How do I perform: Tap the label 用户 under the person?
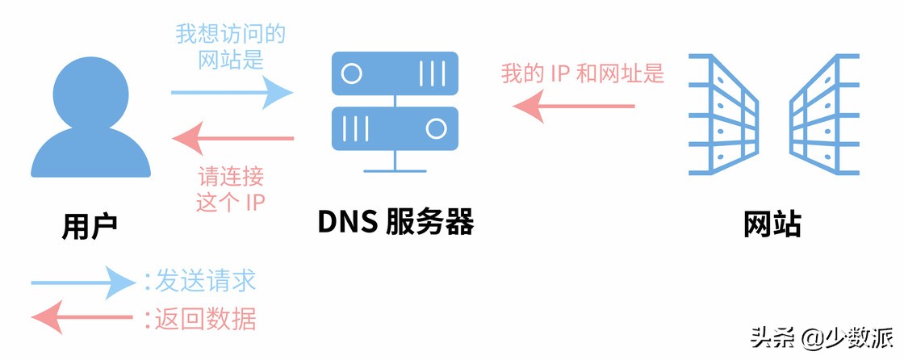pyautogui.click(x=90, y=224)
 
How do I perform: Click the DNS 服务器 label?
pyautogui.click(x=395, y=221)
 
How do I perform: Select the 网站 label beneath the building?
pyautogui.click(x=772, y=224)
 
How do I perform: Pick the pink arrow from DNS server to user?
pyautogui.click(x=234, y=139)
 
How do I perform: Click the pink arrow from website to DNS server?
pyautogui.click(x=574, y=106)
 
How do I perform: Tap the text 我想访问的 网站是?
pyautogui.click(x=231, y=47)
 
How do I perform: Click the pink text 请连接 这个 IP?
pyautogui.click(x=231, y=189)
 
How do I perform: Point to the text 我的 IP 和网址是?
pyautogui.click(x=582, y=73)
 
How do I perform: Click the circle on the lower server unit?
pyautogui.click(x=436, y=128)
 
